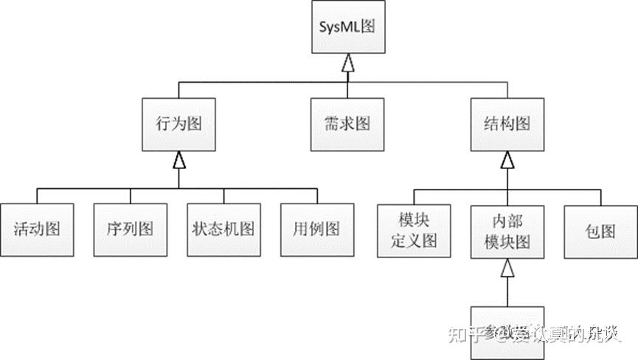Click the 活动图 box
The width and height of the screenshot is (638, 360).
36,229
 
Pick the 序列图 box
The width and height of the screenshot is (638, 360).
131,229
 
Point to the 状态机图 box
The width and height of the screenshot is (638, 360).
224,229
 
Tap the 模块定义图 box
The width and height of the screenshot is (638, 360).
414,230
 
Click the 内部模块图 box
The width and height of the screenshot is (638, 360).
507,230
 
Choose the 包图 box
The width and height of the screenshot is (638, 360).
600,230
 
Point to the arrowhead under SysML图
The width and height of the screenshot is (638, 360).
348,65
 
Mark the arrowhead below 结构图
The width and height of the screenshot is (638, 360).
507,159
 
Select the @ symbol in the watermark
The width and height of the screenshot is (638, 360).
502,335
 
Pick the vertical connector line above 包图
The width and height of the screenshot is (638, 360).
600,196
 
